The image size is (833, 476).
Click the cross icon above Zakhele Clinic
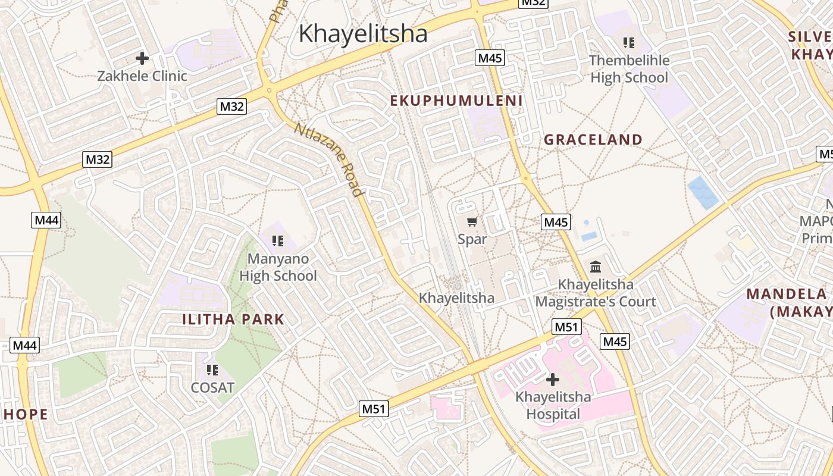coord(142,58)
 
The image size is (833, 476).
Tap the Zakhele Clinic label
coord(142,76)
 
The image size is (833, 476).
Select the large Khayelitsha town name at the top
coord(363,33)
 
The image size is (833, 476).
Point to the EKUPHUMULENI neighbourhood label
coord(456,101)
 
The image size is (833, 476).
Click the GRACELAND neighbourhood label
coord(593,140)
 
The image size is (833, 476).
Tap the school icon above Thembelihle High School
coord(629,43)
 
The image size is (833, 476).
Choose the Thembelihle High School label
coord(629,69)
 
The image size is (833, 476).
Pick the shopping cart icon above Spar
coord(472,222)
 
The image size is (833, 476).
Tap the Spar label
coord(472,239)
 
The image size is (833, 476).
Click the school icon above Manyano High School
coord(278,240)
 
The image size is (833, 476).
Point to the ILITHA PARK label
coord(233,320)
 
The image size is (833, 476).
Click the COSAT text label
coord(212,387)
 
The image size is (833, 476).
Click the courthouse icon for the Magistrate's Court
coord(596,267)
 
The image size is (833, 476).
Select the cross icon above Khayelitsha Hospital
coord(553,379)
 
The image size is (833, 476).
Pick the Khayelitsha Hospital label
coord(553,405)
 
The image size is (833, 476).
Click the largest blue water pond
coord(703,193)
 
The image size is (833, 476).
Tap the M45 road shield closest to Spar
coord(556,222)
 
